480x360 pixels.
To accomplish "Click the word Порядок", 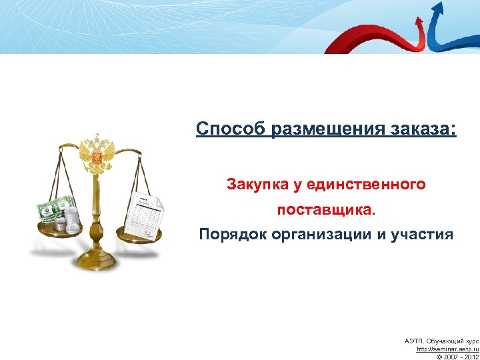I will pyautogui.click(x=231, y=234).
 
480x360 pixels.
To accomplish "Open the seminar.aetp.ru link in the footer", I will pyautogui.click(x=447, y=349).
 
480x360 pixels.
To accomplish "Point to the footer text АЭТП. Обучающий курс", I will pyautogui.click(x=441, y=341).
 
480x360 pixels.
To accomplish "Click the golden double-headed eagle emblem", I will pyautogui.click(x=97, y=155).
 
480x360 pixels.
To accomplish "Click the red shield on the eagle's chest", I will pyautogui.click(x=97, y=158).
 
